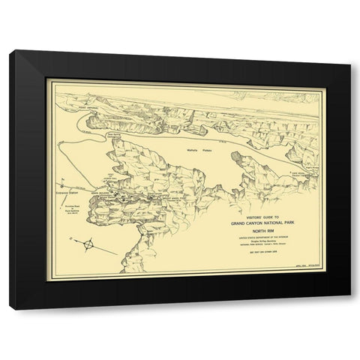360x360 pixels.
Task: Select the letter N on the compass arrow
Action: pos(76,236)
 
